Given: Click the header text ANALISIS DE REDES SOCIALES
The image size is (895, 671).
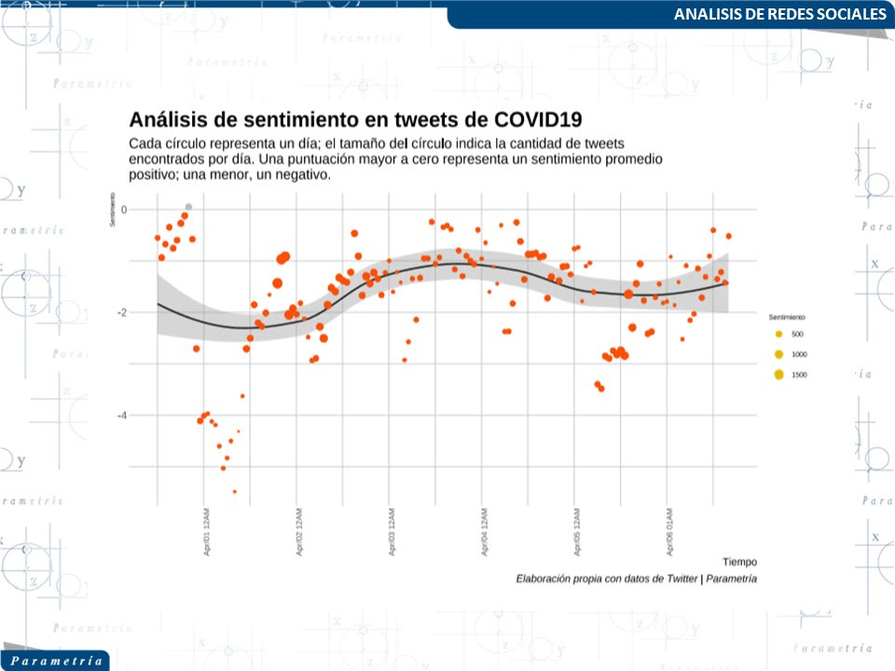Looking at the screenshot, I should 779,15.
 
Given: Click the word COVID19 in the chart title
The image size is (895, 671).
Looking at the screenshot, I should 533,119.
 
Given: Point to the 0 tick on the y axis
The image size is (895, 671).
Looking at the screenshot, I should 124,210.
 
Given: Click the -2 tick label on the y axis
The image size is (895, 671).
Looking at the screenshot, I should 121,312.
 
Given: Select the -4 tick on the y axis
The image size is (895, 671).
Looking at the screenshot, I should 121,415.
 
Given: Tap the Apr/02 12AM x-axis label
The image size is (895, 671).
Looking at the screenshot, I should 299,533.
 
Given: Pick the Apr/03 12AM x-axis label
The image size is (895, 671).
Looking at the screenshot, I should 392,533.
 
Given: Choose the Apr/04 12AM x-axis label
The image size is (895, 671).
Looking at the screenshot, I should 485,533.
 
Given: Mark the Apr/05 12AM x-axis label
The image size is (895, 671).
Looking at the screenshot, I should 577,533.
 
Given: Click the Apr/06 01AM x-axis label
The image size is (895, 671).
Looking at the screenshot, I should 669,533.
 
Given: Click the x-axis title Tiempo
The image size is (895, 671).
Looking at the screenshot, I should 739,562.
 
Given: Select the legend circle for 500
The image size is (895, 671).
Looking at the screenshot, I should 778,334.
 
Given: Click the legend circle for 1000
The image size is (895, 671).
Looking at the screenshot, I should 778,354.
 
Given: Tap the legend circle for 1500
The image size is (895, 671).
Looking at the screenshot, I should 778,375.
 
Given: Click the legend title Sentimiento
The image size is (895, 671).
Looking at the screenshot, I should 786,317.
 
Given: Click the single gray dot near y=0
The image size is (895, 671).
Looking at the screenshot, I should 189,207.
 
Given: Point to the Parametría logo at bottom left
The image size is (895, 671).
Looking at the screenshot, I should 54,660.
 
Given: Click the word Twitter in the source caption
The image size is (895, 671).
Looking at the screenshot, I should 680,579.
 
